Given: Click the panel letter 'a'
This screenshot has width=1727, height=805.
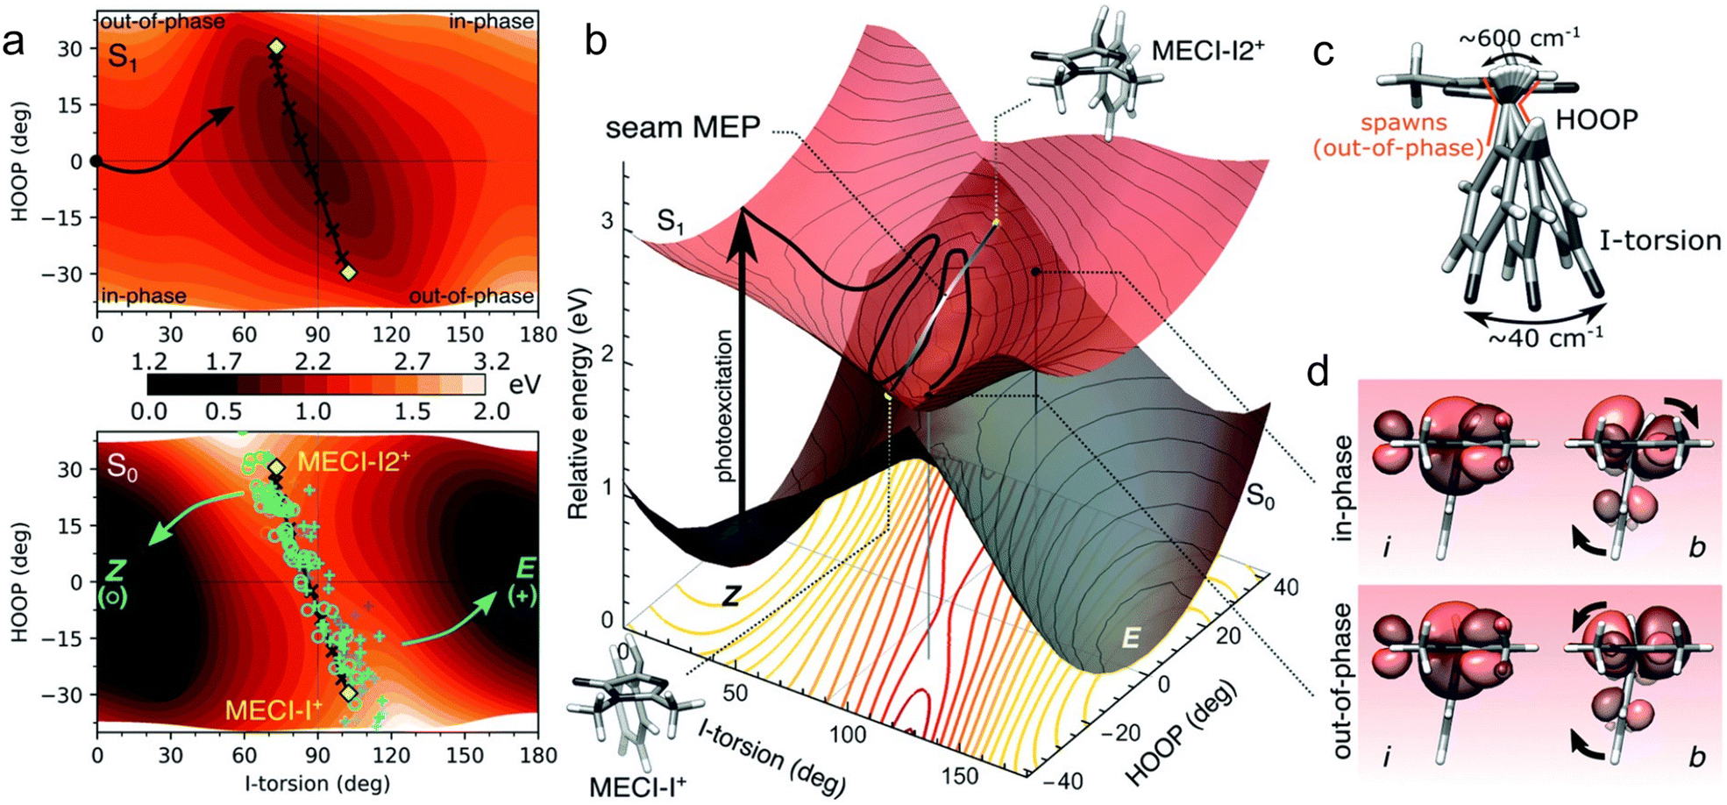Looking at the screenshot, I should (14, 42).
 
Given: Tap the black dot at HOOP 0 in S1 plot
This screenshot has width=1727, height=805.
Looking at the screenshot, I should (96, 161).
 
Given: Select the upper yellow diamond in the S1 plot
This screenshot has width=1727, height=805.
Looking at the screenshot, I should (276, 46).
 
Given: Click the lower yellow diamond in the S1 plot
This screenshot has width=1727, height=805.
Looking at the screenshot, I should (348, 273).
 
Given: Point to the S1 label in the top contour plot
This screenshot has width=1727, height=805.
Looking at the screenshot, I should (123, 58).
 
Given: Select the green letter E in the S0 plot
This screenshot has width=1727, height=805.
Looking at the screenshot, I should (525, 568).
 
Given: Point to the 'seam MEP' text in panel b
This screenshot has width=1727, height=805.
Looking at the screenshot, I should (682, 128).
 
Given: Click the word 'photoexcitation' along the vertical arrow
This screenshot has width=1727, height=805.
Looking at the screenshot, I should (723, 406).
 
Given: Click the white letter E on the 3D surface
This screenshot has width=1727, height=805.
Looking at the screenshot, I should (1131, 638).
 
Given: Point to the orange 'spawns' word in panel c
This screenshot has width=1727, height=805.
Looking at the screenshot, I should (1404, 123).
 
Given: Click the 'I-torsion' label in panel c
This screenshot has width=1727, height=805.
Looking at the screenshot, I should (1659, 240).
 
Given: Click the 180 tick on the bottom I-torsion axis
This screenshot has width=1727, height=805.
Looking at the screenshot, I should (538, 756).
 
